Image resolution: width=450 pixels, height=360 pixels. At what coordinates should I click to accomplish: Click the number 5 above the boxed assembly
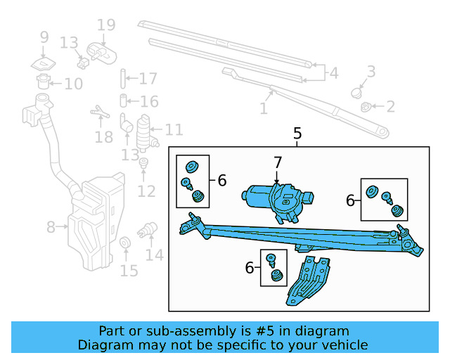point(297,133)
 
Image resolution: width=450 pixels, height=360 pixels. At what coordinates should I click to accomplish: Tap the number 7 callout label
point(277,163)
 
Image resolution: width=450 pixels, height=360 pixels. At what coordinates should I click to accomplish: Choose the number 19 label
point(105,26)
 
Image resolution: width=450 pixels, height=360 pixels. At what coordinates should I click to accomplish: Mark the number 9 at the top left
point(44,37)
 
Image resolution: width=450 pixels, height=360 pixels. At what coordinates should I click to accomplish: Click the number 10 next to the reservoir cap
point(73,84)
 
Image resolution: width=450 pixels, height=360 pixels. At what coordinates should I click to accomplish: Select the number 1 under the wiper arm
point(264,109)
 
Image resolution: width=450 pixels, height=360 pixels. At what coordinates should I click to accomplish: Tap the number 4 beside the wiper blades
point(333,72)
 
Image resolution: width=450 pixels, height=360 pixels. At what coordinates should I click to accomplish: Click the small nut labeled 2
point(366,107)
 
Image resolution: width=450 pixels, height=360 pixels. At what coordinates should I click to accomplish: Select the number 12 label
point(146,191)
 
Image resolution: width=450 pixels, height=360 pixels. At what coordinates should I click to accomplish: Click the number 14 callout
point(154,255)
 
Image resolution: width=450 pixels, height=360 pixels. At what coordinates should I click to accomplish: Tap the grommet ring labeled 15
point(126,244)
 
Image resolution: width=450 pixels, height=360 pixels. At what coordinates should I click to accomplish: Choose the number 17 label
point(148,79)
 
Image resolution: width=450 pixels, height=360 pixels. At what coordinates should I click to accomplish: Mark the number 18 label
point(103,136)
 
